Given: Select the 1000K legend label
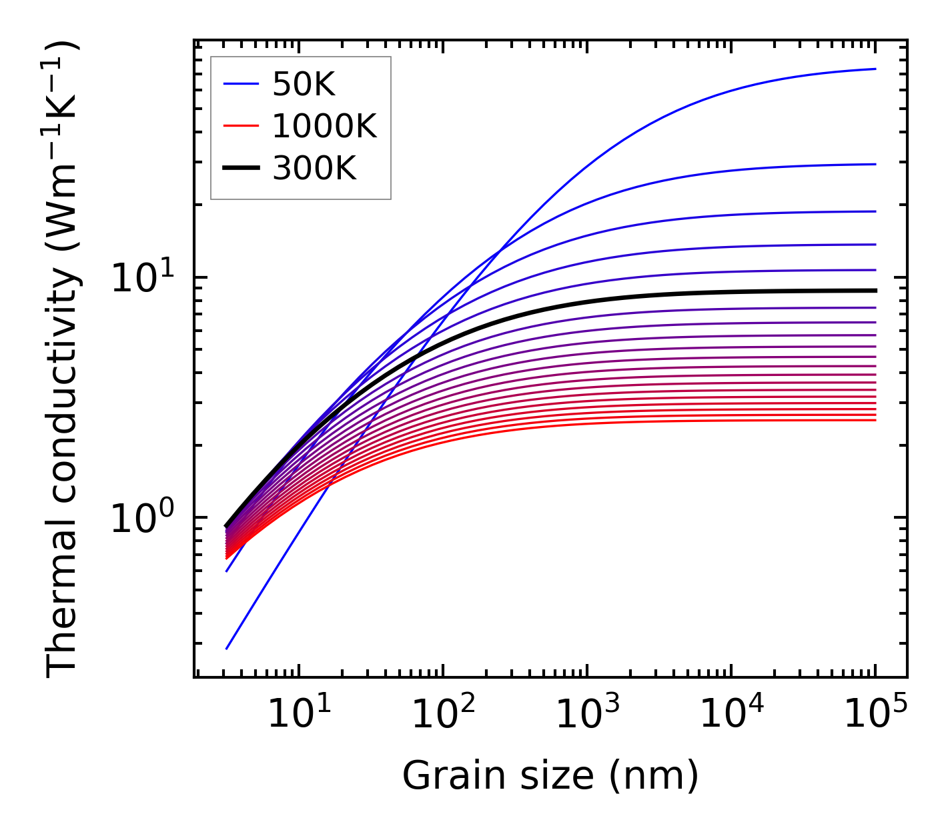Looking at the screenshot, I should coord(324,127).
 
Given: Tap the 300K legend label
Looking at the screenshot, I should coord(314,169).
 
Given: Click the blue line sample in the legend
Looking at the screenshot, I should coord(240,84).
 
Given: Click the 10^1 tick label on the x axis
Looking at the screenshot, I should coord(298,714).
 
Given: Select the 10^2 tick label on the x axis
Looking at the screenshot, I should coord(442,714).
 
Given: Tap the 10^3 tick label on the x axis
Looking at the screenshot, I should coord(586,714).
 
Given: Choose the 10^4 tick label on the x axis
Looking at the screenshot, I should coord(731,714).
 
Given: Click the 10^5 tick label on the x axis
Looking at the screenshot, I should coord(875,714).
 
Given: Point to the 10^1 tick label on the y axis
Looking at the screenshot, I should coord(141,278).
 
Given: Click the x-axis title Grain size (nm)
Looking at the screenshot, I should coord(550,776).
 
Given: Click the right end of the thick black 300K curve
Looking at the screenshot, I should coord(875,291).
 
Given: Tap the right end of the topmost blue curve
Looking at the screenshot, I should coord(875,69).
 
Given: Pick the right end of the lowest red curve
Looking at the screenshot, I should coord(875,420).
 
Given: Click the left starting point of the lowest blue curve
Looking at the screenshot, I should coord(227,649).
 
